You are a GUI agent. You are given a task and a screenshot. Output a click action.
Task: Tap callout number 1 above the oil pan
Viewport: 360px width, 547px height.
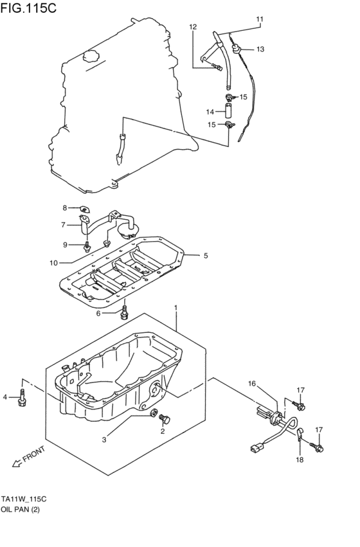[x=175, y=309]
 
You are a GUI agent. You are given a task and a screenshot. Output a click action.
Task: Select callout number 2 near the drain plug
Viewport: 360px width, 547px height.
[x=163, y=431]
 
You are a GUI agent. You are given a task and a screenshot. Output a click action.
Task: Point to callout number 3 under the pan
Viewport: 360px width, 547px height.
[x=104, y=439]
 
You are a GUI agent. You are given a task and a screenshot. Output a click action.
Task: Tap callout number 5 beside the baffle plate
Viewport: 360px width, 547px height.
[x=205, y=255]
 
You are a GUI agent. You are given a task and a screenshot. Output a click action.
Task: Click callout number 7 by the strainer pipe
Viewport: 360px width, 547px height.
[x=64, y=225]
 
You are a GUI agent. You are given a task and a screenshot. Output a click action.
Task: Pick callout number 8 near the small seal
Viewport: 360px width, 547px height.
[x=64, y=208]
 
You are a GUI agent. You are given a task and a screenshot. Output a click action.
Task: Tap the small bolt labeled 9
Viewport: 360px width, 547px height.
[x=87, y=244]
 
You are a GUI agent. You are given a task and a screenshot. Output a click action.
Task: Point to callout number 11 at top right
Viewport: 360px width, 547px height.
[x=260, y=19]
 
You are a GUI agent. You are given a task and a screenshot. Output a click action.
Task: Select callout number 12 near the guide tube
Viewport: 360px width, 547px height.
[x=193, y=26]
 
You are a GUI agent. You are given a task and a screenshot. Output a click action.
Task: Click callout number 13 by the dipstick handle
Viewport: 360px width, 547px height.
[x=260, y=49]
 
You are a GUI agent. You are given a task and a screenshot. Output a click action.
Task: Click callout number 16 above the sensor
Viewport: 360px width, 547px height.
[x=252, y=384]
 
